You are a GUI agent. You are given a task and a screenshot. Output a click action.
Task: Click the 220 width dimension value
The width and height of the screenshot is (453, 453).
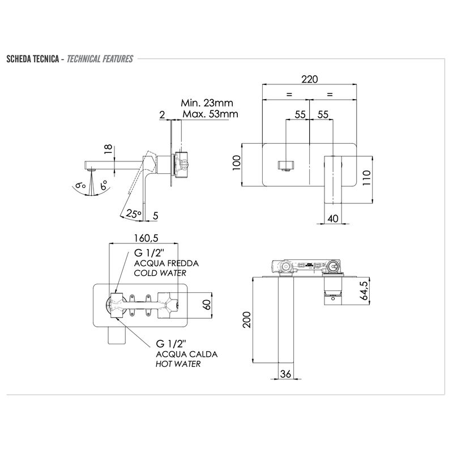(x=309, y=79)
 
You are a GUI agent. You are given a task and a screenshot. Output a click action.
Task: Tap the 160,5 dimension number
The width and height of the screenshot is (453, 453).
(x=146, y=238)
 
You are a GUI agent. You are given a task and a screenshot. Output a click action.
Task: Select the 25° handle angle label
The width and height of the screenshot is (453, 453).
(x=134, y=214)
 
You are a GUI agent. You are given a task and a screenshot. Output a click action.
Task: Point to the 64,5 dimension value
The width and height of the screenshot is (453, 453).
(x=365, y=290)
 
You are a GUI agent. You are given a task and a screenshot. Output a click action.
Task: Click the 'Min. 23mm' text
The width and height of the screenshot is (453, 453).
(x=207, y=103)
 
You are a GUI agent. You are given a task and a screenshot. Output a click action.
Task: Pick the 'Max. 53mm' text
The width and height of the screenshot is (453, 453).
(x=210, y=114)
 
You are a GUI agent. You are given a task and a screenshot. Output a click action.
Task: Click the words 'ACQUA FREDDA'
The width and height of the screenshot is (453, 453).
(x=166, y=263)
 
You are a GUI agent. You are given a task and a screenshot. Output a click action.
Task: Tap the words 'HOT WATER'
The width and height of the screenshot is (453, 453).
(x=178, y=364)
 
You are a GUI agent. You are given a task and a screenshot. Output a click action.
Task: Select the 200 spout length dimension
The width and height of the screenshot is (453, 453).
(x=246, y=319)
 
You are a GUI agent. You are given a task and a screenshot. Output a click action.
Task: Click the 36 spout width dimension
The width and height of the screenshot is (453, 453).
(x=285, y=374)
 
